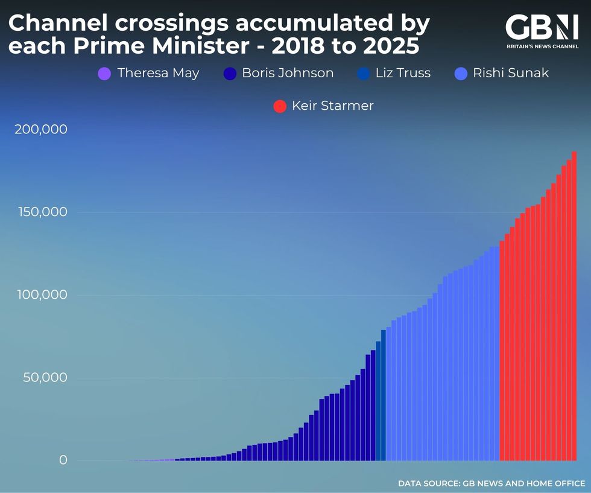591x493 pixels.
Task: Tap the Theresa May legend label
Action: tap(158, 74)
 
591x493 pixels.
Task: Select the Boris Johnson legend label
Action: tap(288, 74)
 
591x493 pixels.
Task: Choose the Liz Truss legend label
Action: tap(403, 74)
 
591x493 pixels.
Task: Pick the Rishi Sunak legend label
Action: tap(510, 74)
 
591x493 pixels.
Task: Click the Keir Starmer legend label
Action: tap(332, 106)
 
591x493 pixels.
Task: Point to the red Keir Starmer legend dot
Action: tap(280, 106)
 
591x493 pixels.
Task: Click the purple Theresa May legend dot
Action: tap(104, 74)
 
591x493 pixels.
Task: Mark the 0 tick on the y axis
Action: tap(63, 460)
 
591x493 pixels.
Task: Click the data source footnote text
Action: tap(491, 483)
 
